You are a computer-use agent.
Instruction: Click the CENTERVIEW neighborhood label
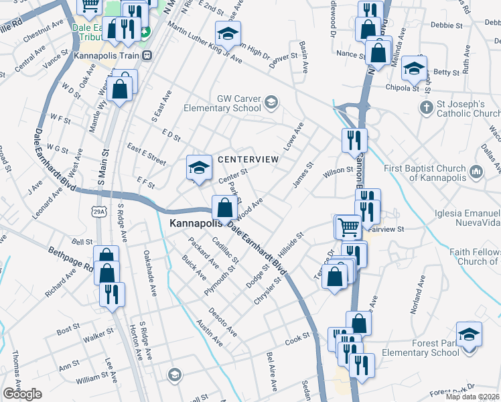click(x=248, y=159)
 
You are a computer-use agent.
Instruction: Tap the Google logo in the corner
click(x=22, y=394)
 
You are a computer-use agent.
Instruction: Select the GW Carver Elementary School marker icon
click(x=270, y=103)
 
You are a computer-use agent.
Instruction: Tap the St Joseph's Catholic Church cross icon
click(x=425, y=107)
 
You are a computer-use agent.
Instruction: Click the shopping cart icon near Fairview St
click(x=347, y=226)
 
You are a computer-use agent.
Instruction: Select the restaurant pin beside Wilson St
click(x=354, y=139)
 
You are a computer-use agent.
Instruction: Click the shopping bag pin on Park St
click(x=223, y=206)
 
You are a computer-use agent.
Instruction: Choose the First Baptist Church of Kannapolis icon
click(x=476, y=172)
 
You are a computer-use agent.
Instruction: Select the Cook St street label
click(x=295, y=341)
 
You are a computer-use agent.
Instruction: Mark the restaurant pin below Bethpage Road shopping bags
click(x=112, y=293)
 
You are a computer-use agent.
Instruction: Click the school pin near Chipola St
click(x=413, y=67)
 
